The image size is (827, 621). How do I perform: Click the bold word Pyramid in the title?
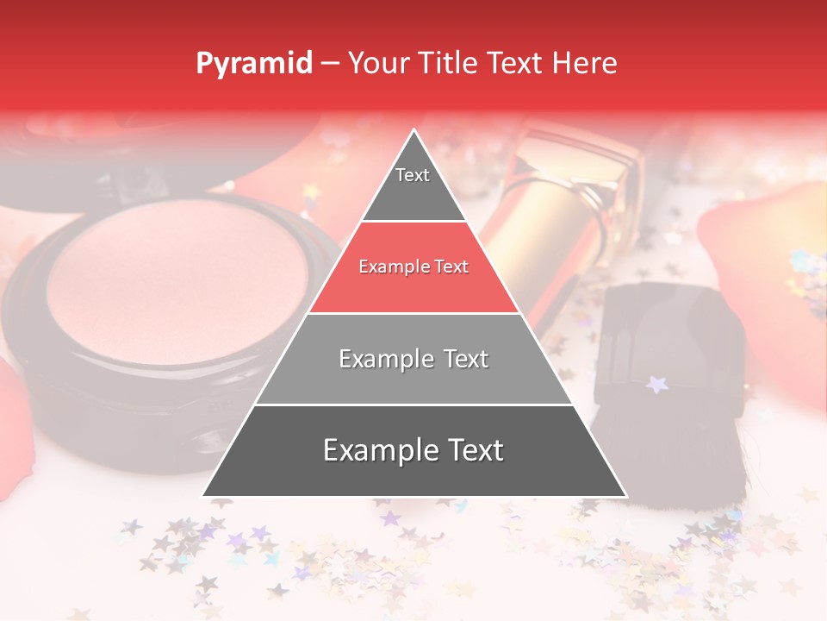(254, 64)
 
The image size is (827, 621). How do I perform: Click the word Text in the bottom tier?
(469, 451)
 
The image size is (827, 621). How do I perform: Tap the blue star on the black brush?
(657, 383)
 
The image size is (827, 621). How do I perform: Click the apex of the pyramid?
(414, 131)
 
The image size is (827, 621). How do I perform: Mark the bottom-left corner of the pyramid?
(203, 496)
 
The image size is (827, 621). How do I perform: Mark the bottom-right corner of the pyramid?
(626, 496)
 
